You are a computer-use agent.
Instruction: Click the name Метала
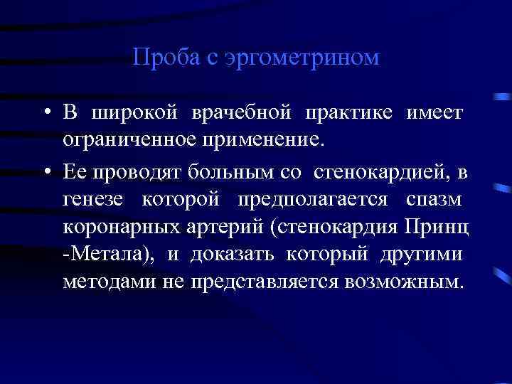110,254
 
